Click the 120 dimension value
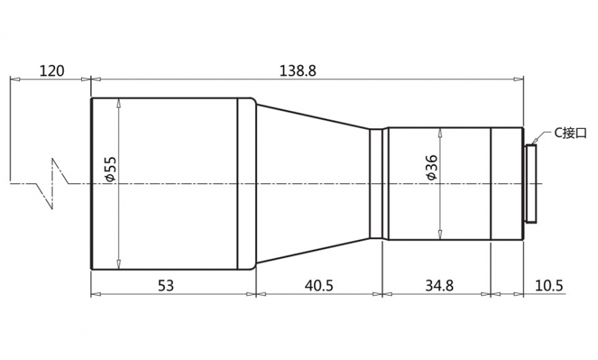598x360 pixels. pos(52,71)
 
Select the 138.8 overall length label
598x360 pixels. pos(298,71)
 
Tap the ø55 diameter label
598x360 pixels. pos(110,169)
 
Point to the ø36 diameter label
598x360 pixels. pos(432,167)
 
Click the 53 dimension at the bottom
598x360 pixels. pos(166,285)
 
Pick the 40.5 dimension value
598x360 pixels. pos(318,285)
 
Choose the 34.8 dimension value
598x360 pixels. pos(439,285)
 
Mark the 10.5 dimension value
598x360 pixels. pos(549,285)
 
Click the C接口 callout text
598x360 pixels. pos(569,133)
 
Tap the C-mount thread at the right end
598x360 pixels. pos(530,183)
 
